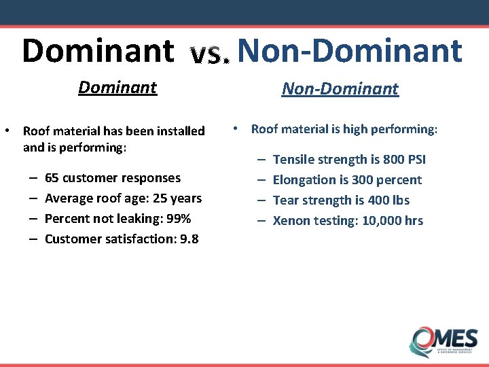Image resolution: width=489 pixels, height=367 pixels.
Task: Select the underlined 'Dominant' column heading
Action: pos(117,88)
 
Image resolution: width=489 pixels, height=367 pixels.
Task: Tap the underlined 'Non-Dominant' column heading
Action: pos(340,89)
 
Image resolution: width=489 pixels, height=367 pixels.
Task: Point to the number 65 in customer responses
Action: pos(52,178)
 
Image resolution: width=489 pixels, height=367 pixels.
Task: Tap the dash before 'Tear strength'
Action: pos(261,200)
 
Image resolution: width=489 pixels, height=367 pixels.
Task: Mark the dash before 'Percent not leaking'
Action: pos(33,219)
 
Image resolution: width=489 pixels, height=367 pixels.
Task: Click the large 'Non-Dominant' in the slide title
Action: pos(350,50)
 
